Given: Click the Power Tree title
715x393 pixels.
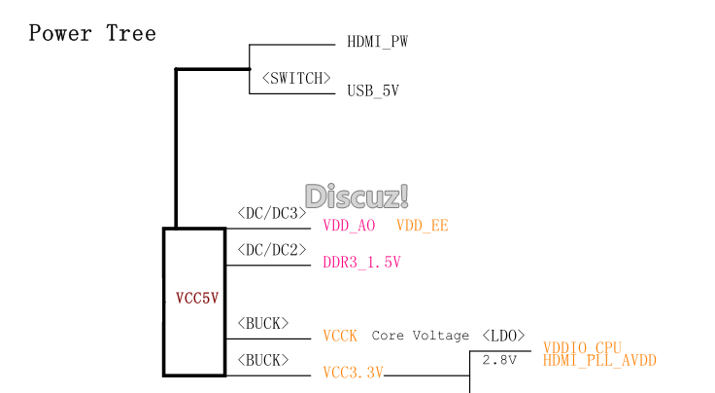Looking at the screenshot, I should click(x=92, y=34).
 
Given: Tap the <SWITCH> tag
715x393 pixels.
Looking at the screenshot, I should click(x=296, y=79).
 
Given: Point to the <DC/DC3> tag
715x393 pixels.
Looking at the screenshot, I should click(x=271, y=213).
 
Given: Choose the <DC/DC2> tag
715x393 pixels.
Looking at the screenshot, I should click(x=271, y=249).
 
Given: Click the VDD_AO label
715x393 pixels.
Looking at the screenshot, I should click(x=349, y=226).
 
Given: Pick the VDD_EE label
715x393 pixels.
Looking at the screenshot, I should click(x=423, y=226).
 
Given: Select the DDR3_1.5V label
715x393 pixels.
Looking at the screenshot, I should click(x=361, y=263).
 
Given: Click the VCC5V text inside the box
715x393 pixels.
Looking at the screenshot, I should click(x=197, y=299).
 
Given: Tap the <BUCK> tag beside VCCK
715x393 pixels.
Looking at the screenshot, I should click(x=262, y=323).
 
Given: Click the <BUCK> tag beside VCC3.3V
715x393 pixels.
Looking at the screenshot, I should click(x=262, y=360).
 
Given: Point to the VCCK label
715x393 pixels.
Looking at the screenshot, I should click(x=340, y=336).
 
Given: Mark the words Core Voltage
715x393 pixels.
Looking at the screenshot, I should click(x=420, y=336).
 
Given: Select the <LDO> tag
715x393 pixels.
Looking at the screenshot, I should click(x=503, y=336).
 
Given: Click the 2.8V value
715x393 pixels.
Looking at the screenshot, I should click(x=499, y=361).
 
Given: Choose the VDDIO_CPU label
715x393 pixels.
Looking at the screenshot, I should click(x=582, y=347).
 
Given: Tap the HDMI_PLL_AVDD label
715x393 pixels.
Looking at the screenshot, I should click(x=599, y=361).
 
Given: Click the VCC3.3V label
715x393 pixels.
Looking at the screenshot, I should click(x=354, y=373).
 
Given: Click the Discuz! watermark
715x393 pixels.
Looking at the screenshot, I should click(x=357, y=196).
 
